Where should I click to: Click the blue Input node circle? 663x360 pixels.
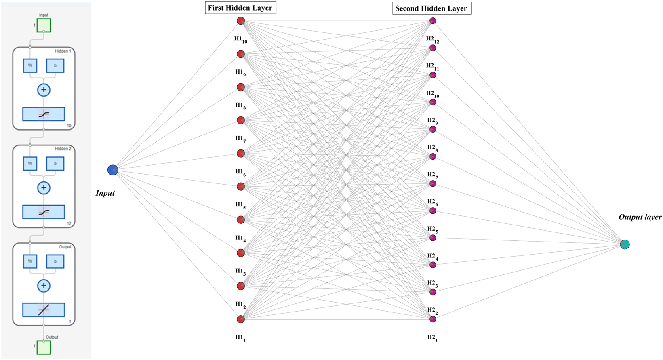[x=113, y=170]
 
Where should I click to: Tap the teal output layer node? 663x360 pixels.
[x=625, y=244]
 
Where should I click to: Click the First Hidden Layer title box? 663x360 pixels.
[x=240, y=8]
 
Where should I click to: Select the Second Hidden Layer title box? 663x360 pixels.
[x=431, y=8]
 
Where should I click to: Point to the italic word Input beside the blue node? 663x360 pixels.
[x=105, y=193]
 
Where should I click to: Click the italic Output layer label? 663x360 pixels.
[x=640, y=217]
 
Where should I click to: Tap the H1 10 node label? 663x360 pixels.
[x=240, y=39]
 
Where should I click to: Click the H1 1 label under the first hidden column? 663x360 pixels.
[x=240, y=338]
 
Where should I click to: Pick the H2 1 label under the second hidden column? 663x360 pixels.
[x=432, y=338]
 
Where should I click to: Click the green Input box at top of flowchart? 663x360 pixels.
[x=44, y=25]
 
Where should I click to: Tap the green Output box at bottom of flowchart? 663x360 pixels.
[x=44, y=347]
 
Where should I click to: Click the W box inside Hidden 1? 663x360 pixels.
[x=30, y=65]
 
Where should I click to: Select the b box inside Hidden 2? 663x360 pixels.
[x=55, y=164]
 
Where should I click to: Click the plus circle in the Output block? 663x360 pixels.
[x=44, y=286]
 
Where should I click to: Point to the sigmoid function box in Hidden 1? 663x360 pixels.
[x=44, y=114]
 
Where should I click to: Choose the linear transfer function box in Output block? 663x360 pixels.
[x=44, y=310]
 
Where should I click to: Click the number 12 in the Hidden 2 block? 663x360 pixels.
[x=69, y=223]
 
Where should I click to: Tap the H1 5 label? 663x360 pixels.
[x=240, y=205]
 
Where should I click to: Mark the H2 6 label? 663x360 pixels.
[x=432, y=202]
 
